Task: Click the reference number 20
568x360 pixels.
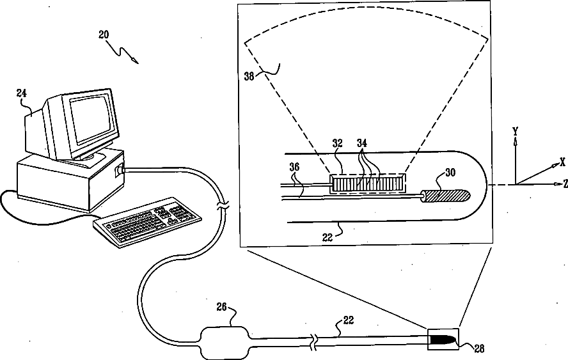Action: (x=104, y=35)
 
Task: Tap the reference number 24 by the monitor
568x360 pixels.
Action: (x=22, y=93)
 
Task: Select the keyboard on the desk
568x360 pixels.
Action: (x=147, y=221)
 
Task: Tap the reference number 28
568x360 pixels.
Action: (x=478, y=348)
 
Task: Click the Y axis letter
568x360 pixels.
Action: (x=515, y=130)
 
